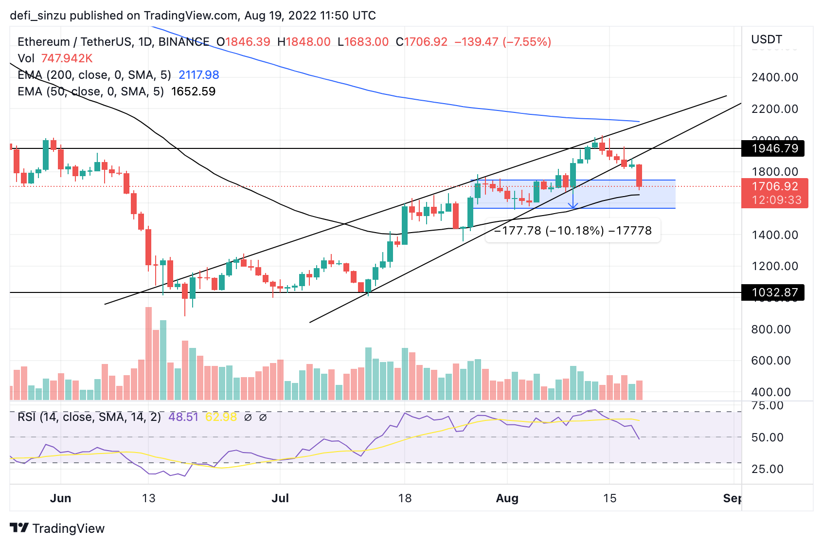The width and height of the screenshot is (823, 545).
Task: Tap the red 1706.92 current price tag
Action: [774, 187]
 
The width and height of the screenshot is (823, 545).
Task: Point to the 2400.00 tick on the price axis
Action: [774, 77]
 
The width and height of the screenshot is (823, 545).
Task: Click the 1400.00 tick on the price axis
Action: [774, 235]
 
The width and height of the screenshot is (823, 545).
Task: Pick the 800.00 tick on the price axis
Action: [774, 329]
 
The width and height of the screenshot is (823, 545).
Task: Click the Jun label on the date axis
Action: [61, 498]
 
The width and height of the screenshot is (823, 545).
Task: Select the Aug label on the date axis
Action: [507, 498]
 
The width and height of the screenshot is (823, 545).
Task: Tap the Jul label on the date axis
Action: [280, 498]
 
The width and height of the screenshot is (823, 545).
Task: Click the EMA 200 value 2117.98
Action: [198, 75]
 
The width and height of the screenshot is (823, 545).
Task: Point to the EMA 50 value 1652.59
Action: [193, 91]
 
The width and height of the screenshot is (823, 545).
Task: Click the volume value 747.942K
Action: [67, 58]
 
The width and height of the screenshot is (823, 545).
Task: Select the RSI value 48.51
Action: [183, 417]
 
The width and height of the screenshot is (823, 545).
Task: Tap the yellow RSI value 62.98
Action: [221, 417]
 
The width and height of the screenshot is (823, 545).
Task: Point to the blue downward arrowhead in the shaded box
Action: [573, 206]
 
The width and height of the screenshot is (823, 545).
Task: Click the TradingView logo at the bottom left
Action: [57, 528]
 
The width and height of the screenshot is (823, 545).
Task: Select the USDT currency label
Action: [767, 39]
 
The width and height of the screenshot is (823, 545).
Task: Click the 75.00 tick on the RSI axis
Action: [767, 406]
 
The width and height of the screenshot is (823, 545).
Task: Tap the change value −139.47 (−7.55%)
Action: [502, 42]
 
